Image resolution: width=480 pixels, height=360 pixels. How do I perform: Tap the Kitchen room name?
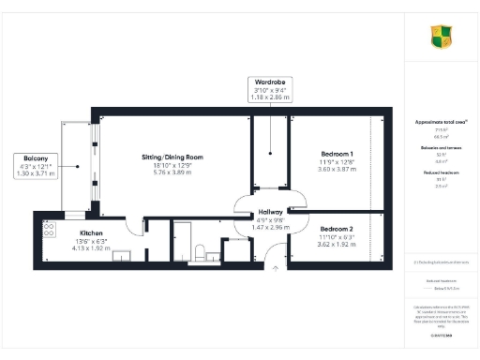tap(91, 232)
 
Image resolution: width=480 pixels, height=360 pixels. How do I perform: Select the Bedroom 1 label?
tap(337, 154)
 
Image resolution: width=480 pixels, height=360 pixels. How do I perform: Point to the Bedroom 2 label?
tap(337, 229)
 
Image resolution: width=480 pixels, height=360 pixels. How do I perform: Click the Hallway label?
tap(270, 212)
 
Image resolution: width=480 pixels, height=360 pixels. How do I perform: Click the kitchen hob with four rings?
tap(48, 226)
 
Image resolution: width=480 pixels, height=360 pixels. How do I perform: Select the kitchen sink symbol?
tap(122, 255)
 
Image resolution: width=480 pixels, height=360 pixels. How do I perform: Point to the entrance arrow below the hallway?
tap(275, 267)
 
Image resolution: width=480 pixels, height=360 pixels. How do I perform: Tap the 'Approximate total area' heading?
tap(442, 122)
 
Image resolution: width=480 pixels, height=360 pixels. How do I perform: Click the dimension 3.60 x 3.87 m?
tap(337, 170)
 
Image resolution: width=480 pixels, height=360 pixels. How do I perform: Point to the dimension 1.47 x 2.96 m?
tap(270, 227)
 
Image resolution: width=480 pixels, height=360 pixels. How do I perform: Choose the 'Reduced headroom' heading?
tap(442, 173)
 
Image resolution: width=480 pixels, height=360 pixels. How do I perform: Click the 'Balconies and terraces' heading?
tap(442, 148)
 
